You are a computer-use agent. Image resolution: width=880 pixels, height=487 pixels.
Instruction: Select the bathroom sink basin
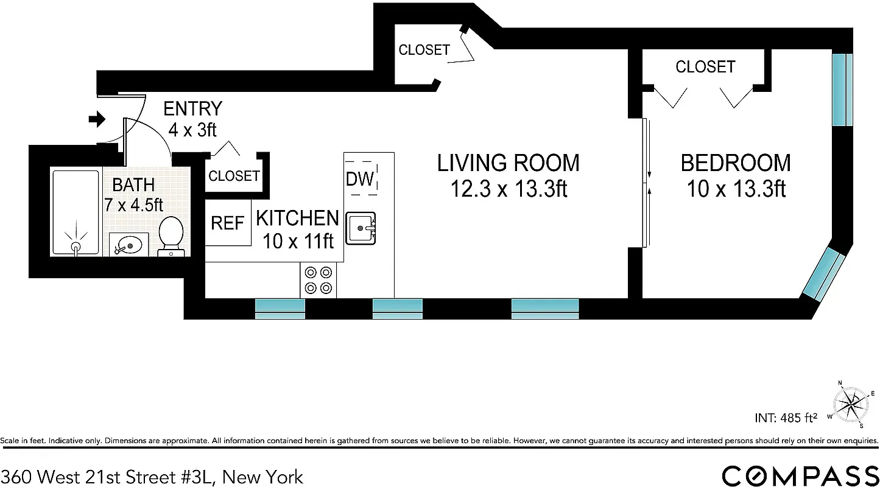(128, 245)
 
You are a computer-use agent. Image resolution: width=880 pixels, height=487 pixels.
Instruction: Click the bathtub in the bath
(76, 212)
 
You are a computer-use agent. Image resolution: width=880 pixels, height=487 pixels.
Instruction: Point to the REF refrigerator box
(228, 223)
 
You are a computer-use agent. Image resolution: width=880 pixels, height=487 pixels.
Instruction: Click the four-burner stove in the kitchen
(318, 280)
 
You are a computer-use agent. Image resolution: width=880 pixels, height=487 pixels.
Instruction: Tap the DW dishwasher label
(360, 179)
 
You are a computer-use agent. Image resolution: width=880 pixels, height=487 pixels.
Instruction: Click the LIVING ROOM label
(509, 163)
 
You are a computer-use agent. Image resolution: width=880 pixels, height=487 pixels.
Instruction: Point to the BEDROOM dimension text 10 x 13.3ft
(736, 189)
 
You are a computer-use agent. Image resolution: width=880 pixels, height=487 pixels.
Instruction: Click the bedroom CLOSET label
(705, 66)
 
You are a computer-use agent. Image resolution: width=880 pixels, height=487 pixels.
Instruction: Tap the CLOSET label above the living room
(424, 50)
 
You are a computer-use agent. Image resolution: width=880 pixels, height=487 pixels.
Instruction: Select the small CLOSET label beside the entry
(234, 176)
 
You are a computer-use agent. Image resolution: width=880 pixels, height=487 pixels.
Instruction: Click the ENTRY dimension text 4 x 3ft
(192, 129)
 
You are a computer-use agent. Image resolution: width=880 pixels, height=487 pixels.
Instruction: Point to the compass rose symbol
(851, 404)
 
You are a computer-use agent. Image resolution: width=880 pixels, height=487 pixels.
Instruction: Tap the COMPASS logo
(800, 475)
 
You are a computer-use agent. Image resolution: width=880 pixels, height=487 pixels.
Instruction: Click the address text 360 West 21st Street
(152, 476)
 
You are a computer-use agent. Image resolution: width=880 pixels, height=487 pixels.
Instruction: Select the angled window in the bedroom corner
(824, 273)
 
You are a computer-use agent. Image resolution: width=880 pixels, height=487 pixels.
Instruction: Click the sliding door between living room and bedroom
(646, 183)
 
